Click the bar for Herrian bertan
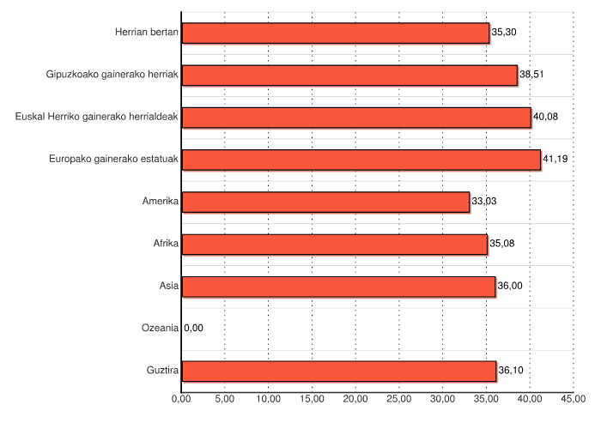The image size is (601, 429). pos(335,33)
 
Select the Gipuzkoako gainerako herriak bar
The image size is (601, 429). pos(349,75)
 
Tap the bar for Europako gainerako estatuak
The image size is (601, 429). pos(361,160)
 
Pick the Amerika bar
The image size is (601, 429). pos(325,202)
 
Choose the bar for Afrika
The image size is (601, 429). pos(334,244)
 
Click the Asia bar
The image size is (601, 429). pos(338,286)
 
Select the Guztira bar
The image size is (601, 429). pos(338,371)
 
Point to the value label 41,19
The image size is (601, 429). pos(555,160)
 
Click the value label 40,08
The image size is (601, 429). pos(546,118)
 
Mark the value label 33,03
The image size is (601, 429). pos(484,202)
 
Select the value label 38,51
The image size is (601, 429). pos(532,75)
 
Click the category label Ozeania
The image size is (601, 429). pos(160,328)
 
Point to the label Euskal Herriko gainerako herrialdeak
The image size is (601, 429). pos(97,118)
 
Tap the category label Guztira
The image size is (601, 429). pos(161,371)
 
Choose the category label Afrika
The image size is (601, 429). pos(165,244)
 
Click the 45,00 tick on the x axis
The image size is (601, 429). pos(573,399)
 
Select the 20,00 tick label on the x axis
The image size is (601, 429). pos(355,399)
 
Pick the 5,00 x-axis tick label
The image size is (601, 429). pos(224,399)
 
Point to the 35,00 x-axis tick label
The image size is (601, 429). pos(485,399)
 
